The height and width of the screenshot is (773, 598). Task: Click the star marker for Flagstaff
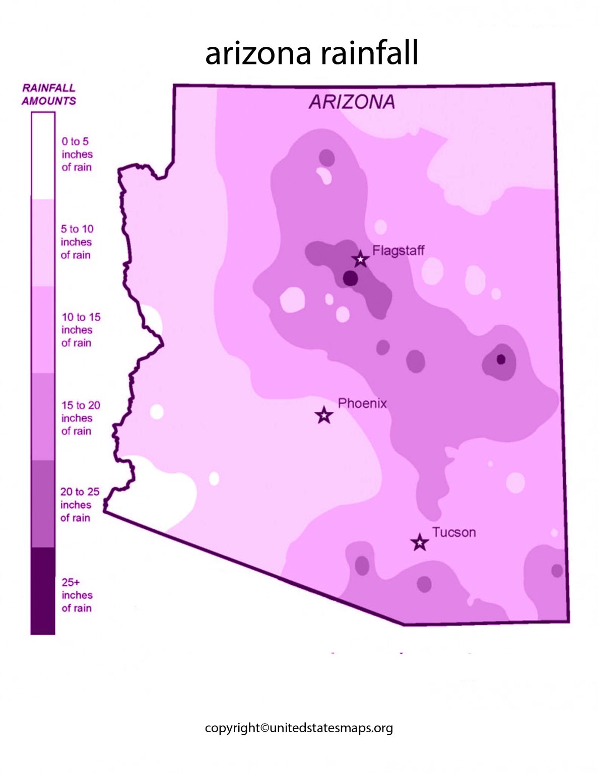tap(360, 259)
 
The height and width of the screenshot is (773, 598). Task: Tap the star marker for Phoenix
tap(324, 416)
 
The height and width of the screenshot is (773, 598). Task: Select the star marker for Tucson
tap(419, 543)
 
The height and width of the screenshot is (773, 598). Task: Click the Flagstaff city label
tap(398, 250)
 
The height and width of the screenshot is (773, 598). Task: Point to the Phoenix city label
tap(362, 403)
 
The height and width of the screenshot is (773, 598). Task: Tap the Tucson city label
tap(454, 532)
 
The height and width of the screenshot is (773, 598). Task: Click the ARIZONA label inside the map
tap(352, 102)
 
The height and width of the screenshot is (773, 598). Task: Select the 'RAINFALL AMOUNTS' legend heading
tap(48, 95)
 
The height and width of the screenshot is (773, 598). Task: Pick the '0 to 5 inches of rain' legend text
tap(77, 154)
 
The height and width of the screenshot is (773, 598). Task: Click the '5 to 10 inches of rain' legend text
tap(77, 242)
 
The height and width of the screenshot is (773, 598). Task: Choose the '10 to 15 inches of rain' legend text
tap(80, 330)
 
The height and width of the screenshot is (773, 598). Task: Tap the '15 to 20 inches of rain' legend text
tap(80, 418)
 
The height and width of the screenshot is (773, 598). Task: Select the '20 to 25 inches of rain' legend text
tap(80, 504)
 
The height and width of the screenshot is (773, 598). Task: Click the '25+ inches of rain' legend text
tap(77, 595)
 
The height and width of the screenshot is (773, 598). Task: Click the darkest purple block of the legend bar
tap(43, 591)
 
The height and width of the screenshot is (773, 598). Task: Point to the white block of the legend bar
tap(43, 156)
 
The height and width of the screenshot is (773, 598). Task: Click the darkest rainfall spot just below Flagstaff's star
tap(350, 278)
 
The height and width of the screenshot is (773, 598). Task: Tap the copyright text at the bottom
tap(299, 728)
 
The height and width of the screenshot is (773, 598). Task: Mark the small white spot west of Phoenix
tap(157, 412)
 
